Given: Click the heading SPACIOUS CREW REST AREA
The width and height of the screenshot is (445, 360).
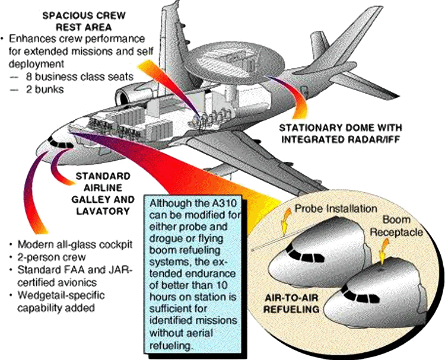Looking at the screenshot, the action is [x=84, y=21].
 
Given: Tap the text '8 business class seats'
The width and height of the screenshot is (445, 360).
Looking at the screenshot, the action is [x=80, y=77].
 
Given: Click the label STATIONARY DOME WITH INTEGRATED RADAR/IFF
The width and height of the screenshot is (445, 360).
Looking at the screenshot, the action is [x=341, y=133].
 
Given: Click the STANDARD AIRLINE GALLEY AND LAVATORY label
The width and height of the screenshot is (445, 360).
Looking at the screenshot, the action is [x=103, y=193].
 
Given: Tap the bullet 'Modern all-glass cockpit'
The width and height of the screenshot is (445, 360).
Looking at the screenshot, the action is [x=75, y=244].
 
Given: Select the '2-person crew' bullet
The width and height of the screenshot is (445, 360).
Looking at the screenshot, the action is [x=52, y=257].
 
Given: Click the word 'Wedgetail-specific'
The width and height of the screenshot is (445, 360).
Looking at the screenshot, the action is [x=61, y=295].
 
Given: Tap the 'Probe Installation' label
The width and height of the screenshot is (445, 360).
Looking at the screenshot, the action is [x=336, y=209].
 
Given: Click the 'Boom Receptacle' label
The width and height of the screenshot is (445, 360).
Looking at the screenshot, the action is [x=396, y=226].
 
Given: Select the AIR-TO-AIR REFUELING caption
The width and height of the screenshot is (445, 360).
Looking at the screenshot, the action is [x=291, y=304].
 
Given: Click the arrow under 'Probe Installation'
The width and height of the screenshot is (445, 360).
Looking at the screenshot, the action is [x=286, y=221].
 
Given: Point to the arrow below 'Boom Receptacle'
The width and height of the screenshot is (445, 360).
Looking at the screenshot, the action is [x=384, y=251].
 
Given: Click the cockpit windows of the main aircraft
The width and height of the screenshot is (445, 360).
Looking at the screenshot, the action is [x=61, y=144].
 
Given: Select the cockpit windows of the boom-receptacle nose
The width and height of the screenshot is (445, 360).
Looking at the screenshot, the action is [x=360, y=295].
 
